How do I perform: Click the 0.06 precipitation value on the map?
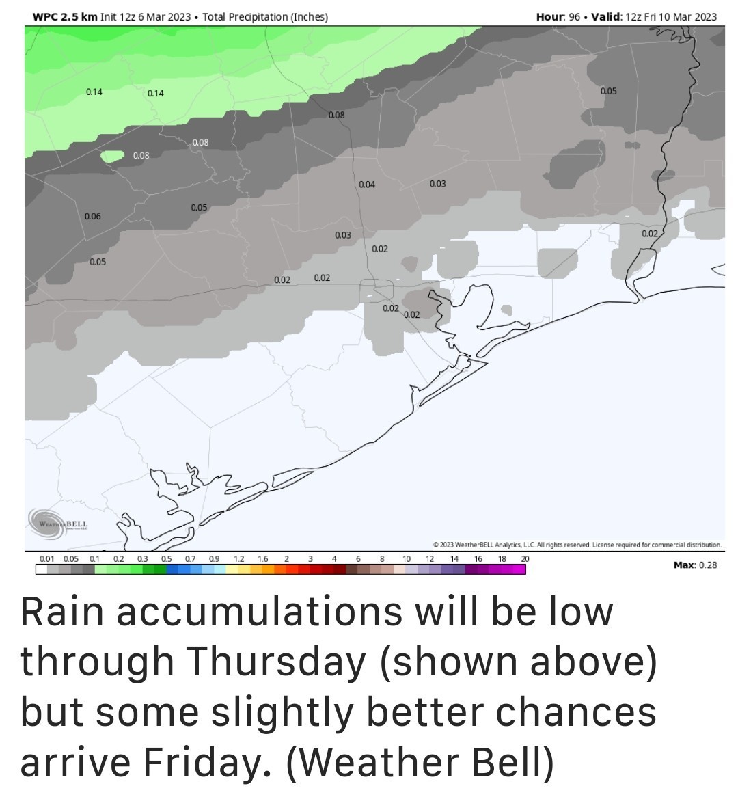(x=93, y=217)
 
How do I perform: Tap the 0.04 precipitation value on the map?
(x=367, y=185)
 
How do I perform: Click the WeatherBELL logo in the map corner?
(x=59, y=521)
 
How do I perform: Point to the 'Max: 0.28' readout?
(x=695, y=565)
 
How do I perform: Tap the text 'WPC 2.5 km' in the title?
(x=65, y=16)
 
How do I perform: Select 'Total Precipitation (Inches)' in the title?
(x=265, y=16)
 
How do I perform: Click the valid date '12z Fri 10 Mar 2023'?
(x=671, y=16)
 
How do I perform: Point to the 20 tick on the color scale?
(x=525, y=559)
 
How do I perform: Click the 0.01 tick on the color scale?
(x=46, y=559)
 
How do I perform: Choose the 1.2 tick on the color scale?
(x=238, y=559)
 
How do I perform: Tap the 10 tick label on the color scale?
(x=406, y=559)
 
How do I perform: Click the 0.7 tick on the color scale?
(x=190, y=559)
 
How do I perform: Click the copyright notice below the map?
(x=577, y=545)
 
